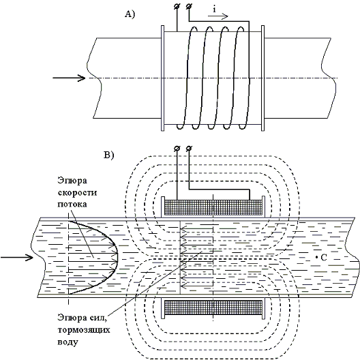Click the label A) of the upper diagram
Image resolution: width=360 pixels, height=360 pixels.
(130, 14)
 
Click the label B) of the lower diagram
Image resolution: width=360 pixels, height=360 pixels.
(108, 155)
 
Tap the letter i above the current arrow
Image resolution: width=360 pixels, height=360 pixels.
(214, 10)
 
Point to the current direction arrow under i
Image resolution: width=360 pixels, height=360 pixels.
(218, 16)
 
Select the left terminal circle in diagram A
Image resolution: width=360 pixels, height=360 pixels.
(177, 7)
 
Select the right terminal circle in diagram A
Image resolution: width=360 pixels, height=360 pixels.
(189, 7)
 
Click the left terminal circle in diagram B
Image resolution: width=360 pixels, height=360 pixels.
(177, 149)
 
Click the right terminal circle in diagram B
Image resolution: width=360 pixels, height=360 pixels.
(189, 149)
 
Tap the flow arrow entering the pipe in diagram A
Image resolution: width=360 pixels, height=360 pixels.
(69, 78)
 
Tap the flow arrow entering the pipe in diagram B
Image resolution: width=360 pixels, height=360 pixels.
(17, 257)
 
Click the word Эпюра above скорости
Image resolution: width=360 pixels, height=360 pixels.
(72, 181)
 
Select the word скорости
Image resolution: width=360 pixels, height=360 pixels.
(77, 193)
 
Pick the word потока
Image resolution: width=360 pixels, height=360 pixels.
(72, 205)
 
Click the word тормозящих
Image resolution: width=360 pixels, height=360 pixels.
(84, 330)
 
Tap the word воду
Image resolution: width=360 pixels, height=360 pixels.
(67, 342)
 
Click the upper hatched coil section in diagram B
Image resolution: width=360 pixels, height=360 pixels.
(213, 207)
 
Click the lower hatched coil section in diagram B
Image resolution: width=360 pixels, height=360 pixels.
(213, 307)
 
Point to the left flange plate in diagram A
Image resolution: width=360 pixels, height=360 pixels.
(163, 78)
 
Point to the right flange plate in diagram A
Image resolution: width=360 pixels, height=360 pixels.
(263, 78)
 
